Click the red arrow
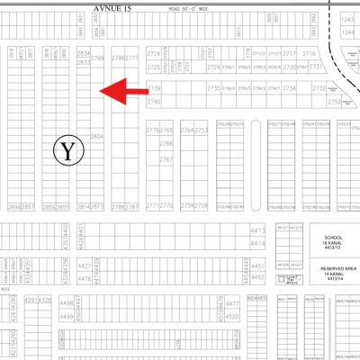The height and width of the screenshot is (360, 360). pyautogui.click(x=122, y=90)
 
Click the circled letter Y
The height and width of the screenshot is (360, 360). pyautogui.click(x=67, y=150)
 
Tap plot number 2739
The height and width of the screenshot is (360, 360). pyautogui.click(x=154, y=88)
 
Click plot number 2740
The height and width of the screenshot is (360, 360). pyautogui.click(x=154, y=102)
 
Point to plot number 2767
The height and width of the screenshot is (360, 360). pyautogui.click(x=166, y=159)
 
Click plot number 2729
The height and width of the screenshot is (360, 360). pyautogui.click(x=214, y=67)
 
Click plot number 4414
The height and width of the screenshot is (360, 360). pyautogui.click(x=258, y=243)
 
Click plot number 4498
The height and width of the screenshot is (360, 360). pyautogui.click(x=64, y=303)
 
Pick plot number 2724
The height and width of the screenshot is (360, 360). pyautogui.click(x=154, y=55)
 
